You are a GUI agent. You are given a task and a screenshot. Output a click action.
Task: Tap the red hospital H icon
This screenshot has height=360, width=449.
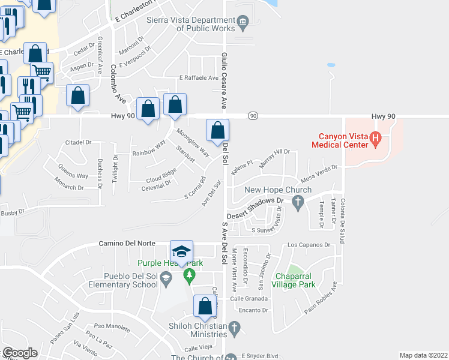[x=376, y=140]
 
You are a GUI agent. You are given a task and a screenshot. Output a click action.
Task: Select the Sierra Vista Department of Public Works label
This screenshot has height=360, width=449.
[x=191, y=23]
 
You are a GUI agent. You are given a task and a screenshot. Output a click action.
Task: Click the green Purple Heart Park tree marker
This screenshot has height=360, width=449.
[x=190, y=276]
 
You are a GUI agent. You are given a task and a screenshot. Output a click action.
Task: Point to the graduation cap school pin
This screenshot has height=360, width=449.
[x=182, y=251]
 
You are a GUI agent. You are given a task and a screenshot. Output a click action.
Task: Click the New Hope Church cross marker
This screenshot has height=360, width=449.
[x=297, y=204]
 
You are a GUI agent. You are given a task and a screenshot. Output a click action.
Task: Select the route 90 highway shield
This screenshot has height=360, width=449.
[x=253, y=115]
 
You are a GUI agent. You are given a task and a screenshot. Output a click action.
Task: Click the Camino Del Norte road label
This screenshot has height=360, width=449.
[x=127, y=244]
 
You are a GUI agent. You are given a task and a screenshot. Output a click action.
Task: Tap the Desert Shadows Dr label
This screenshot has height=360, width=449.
[x=254, y=208]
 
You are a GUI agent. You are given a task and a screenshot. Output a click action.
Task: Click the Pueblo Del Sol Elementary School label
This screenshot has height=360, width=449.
[x=123, y=280]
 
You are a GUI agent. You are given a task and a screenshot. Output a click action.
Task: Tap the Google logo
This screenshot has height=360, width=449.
[x=19, y=353]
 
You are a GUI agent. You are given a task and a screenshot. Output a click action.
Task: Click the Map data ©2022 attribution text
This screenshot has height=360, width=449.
[x=423, y=355]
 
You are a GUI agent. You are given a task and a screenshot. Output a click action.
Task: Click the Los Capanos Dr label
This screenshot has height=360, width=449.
[x=309, y=245]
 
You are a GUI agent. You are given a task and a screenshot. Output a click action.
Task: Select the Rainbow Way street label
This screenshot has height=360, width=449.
[x=148, y=148]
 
